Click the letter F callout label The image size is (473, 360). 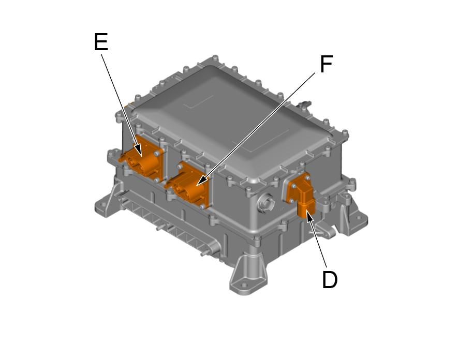326,65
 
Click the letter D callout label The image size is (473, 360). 330,280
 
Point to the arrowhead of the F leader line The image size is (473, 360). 199,182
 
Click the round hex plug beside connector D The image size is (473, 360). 267,203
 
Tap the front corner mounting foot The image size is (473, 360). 249,277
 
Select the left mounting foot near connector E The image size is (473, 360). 106,204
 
